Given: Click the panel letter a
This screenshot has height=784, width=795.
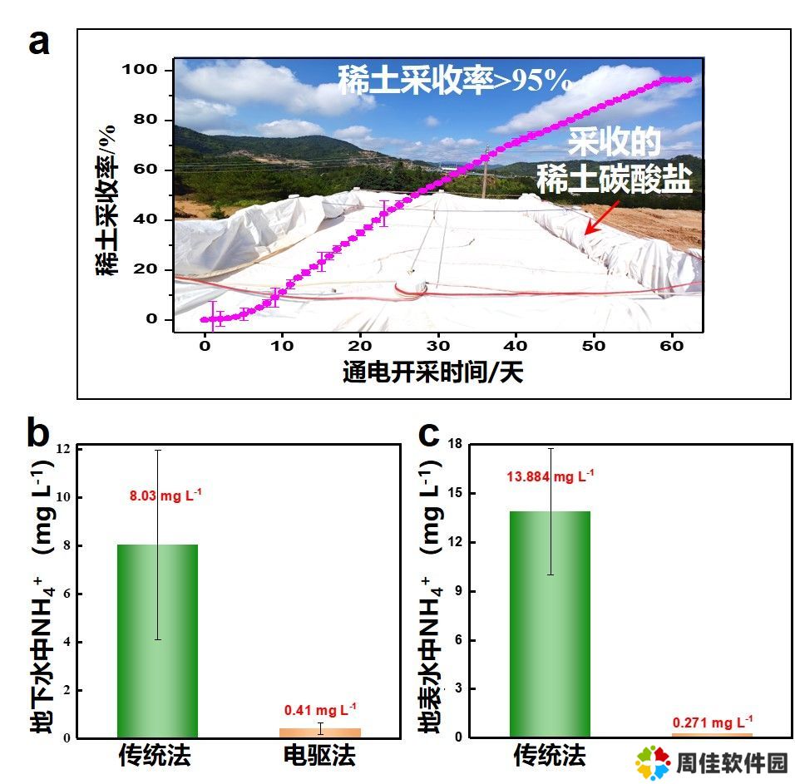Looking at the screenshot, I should (x=38, y=42).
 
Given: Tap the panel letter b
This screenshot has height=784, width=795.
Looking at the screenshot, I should (x=38, y=432).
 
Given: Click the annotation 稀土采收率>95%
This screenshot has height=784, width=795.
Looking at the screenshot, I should (x=454, y=81).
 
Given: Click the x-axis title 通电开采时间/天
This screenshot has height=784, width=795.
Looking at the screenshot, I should (x=432, y=372).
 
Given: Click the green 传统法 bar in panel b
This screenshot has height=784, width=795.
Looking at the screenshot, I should (x=157, y=640).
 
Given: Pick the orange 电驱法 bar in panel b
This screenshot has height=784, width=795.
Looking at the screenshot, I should (x=320, y=732).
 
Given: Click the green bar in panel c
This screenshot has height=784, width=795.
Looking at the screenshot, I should (x=551, y=624).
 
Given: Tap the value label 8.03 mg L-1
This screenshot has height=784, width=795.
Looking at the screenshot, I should (x=165, y=496).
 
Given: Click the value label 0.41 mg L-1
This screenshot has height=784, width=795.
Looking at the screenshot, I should (x=320, y=709).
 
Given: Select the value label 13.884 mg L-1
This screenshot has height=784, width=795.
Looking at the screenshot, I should (x=551, y=477).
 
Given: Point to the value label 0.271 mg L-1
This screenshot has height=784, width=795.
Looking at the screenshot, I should (x=713, y=722).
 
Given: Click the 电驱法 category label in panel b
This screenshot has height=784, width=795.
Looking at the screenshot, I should (x=320, y=757).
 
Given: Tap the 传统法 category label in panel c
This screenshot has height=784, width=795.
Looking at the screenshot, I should (x=550, y=757).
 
